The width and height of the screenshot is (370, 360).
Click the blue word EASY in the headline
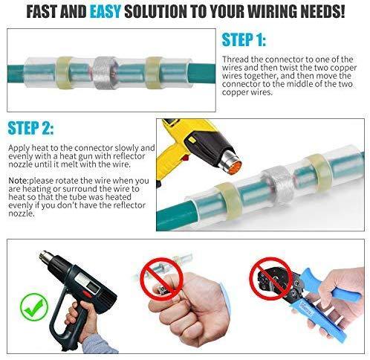pyautogui.click(x=106, y=11)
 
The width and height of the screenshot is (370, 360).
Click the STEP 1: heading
pyautogui.click(x=244, y=39)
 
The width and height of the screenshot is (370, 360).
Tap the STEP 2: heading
pyautogui.click(x=30, y=128)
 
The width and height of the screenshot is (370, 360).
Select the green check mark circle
pyautogui.click(x=34, y=306)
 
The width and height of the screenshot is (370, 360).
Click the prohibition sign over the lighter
pyautogui.click(x=162, y=279)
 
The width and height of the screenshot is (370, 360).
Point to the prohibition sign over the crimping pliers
pyautogui.click(x=270, y=278)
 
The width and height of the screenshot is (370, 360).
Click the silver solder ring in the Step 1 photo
pyautogui.click(x=105, y=73)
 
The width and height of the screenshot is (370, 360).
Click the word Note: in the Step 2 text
pyautogui.click(x=19, y=181)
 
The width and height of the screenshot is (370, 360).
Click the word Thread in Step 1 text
pyautogui.click(x=236, y=60)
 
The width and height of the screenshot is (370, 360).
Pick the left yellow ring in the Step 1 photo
pyautogui.click(x=64, y=72)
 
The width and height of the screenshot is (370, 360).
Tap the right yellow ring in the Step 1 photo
pyautogui.click(x=154, y=73)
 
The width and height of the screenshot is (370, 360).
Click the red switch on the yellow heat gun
pyautogui.click(x=185, y=157)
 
